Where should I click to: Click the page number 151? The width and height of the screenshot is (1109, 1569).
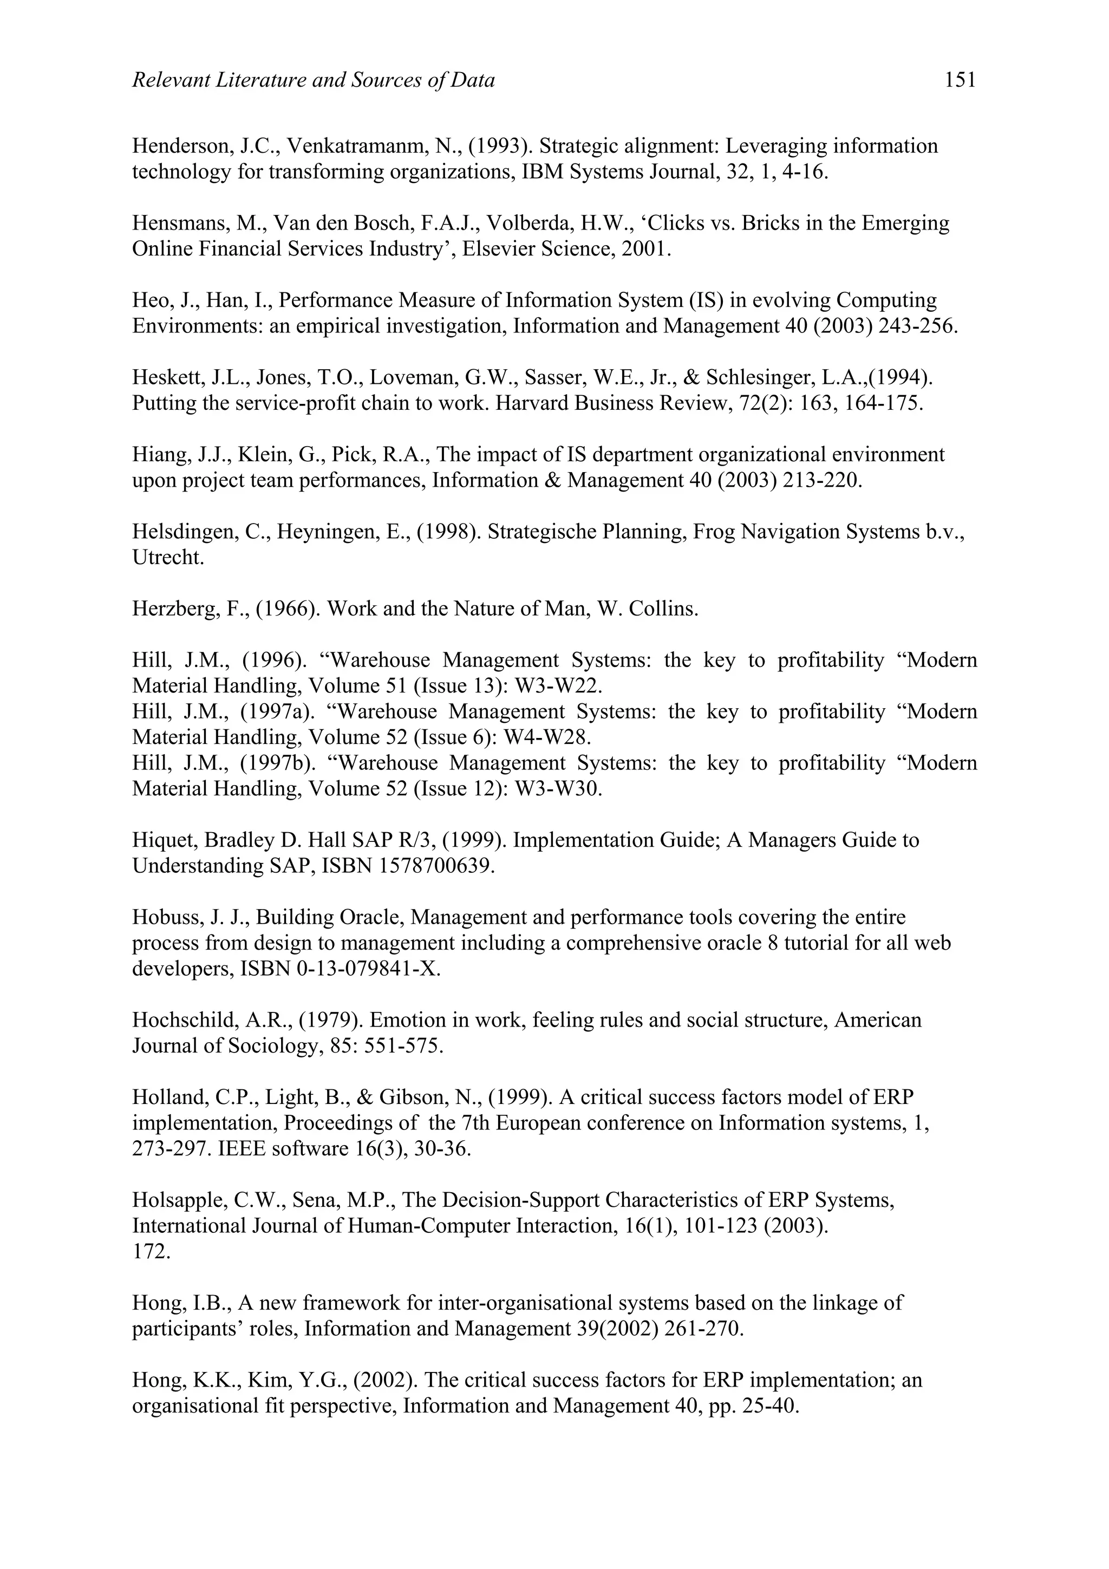(x=960, y=81)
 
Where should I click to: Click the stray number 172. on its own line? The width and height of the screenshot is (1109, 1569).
(x=151, y=1252)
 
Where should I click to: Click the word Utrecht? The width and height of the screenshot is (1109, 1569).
(x=168, y=558)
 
